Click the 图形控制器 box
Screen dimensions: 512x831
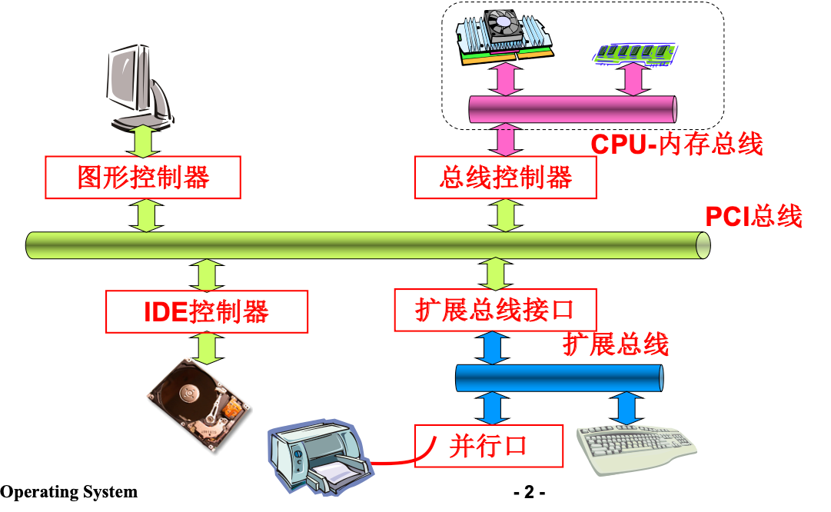[x=144, y=178]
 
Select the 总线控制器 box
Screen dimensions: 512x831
[x=505, y=178]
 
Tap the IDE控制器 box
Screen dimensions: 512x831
[x=207, y=311]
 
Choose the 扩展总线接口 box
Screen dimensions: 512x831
[x=495, y=310]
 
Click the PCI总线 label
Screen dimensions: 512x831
[x=753, y=216]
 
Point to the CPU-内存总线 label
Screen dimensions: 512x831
[x=676, y=144]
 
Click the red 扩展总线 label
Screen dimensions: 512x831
[x=615, y=344]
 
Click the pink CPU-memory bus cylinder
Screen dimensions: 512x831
[x=573, y=108]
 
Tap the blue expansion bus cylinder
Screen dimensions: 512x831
[x=560, y=378]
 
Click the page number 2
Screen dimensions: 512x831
[x=529, y=492]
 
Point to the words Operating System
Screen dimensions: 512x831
[x=69, y=492]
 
